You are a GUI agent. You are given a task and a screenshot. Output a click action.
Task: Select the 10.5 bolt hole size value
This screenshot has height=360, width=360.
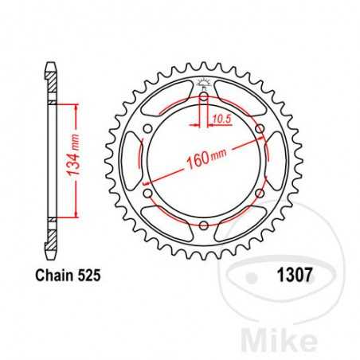pos(222,120)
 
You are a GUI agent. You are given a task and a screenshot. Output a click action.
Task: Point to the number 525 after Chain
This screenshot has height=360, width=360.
pos(90,276)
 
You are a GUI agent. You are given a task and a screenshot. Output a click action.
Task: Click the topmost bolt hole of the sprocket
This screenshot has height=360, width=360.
pos(204,98)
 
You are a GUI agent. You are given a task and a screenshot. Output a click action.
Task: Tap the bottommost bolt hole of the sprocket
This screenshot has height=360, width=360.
pos(204,228)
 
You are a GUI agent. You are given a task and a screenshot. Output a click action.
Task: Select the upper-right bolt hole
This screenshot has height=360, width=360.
pos(260,131)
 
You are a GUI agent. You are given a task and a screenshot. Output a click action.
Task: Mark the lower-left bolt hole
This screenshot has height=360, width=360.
pos(147,195)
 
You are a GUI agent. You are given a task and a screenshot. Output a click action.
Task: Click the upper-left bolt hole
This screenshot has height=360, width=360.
pos(147,131)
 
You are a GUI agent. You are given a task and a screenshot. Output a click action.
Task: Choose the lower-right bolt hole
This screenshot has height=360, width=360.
pos(260,195)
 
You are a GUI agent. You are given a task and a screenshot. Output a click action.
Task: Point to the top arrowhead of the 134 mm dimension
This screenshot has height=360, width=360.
pos(76,105)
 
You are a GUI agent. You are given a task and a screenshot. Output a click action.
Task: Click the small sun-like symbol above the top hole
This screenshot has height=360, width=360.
pos(204,84)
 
